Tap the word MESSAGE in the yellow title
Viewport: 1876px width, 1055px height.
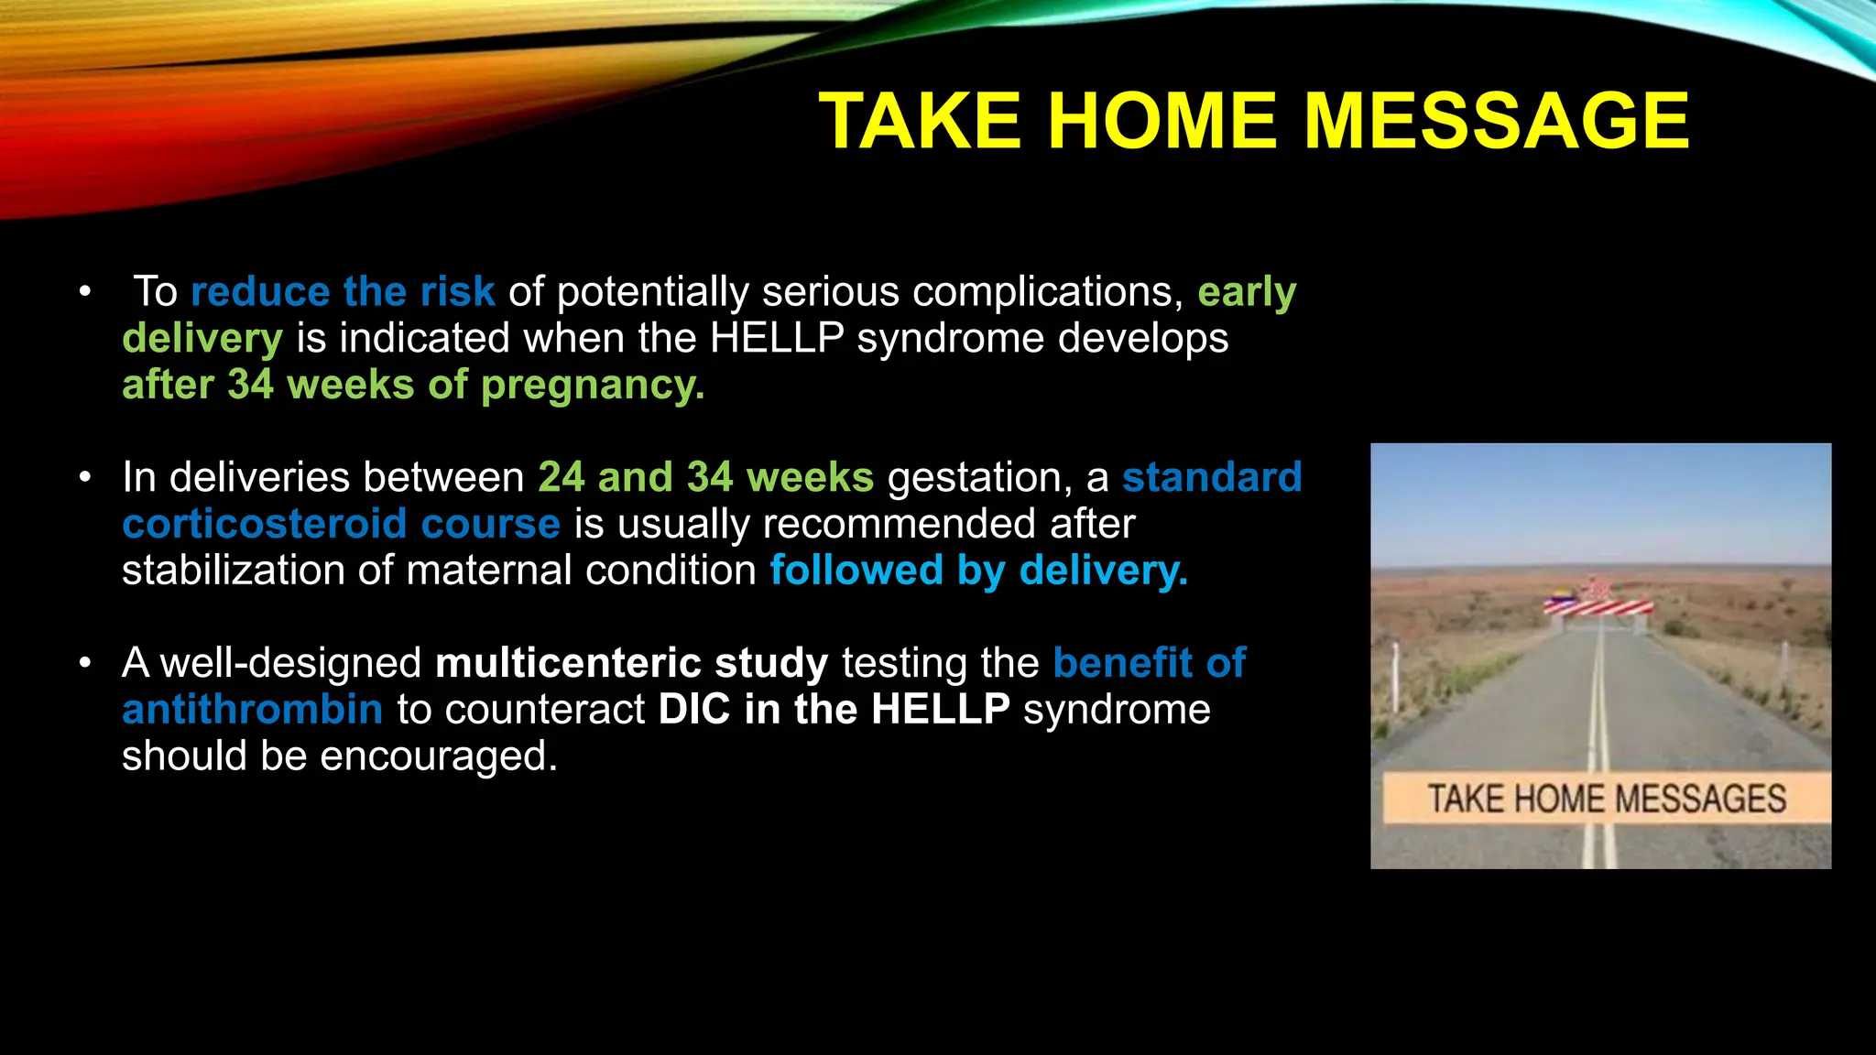(1496, 121)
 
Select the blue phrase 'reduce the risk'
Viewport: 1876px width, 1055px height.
(343, 292)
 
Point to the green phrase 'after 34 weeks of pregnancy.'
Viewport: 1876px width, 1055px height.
(413, 385)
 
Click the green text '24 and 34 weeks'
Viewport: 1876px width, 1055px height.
(705, 477)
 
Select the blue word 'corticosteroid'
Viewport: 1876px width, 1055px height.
(264, 524)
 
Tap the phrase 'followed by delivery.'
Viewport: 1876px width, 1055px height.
(978, 571)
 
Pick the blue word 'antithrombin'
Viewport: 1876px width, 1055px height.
(252, 710)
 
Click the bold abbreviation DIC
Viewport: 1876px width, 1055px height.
(693, 710)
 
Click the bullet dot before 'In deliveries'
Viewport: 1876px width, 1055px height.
(85, 477)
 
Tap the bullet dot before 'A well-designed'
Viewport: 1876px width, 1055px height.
(85, 663)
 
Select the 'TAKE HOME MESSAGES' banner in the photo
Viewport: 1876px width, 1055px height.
(1606, 799)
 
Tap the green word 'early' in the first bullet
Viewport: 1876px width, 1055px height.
(1247, 292)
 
